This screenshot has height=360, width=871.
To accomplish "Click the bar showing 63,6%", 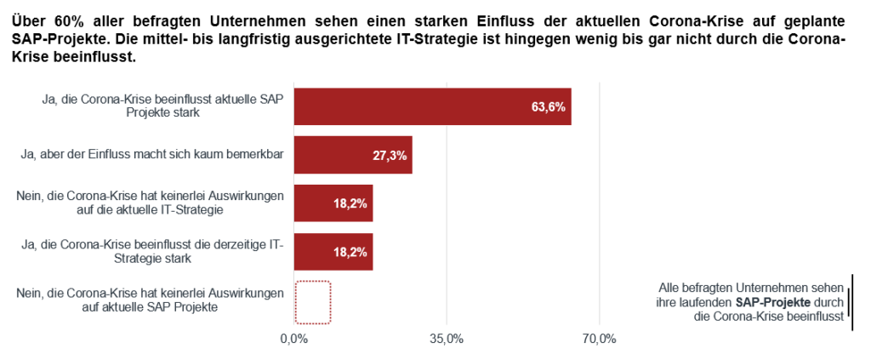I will point(432,106).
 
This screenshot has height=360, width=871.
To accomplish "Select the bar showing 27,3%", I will point(353,155).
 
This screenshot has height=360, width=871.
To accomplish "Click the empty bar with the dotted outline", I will point(312,302).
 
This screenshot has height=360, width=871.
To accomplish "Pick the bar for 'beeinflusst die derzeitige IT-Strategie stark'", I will point(333,252).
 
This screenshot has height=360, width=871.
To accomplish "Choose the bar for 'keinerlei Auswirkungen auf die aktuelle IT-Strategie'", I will point(333,203).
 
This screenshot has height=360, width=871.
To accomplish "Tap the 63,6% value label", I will point(549,107).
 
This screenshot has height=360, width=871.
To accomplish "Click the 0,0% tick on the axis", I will point(293,340).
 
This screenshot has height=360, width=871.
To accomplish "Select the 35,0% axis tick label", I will point(447,340).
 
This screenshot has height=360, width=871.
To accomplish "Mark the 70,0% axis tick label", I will point(599,340).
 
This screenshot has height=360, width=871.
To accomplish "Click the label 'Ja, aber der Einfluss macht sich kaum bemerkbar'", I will point(151,154).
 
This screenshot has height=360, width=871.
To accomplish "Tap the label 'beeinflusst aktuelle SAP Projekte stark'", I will point(162,106).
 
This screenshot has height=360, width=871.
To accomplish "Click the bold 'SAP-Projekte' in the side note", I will point(773,302).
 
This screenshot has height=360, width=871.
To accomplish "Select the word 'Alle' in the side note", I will point(669,288).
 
